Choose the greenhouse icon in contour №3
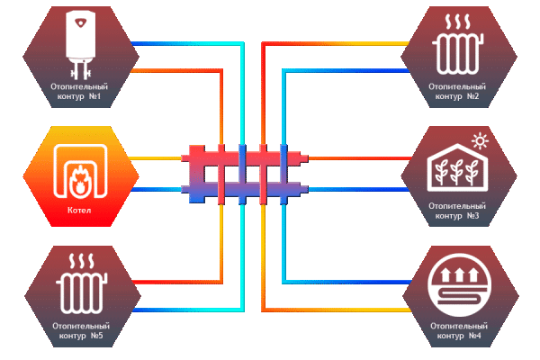point(457,170)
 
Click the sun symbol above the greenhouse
point(480,140)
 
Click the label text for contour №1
point(81,89)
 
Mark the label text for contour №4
point(457,329)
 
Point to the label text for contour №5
point(81,329)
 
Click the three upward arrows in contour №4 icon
point(457,271)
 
